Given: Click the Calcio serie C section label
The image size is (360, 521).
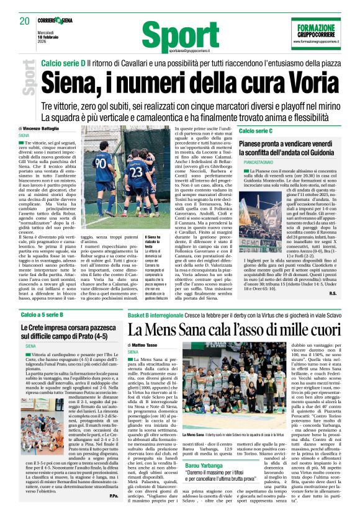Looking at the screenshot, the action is point(256,131).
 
